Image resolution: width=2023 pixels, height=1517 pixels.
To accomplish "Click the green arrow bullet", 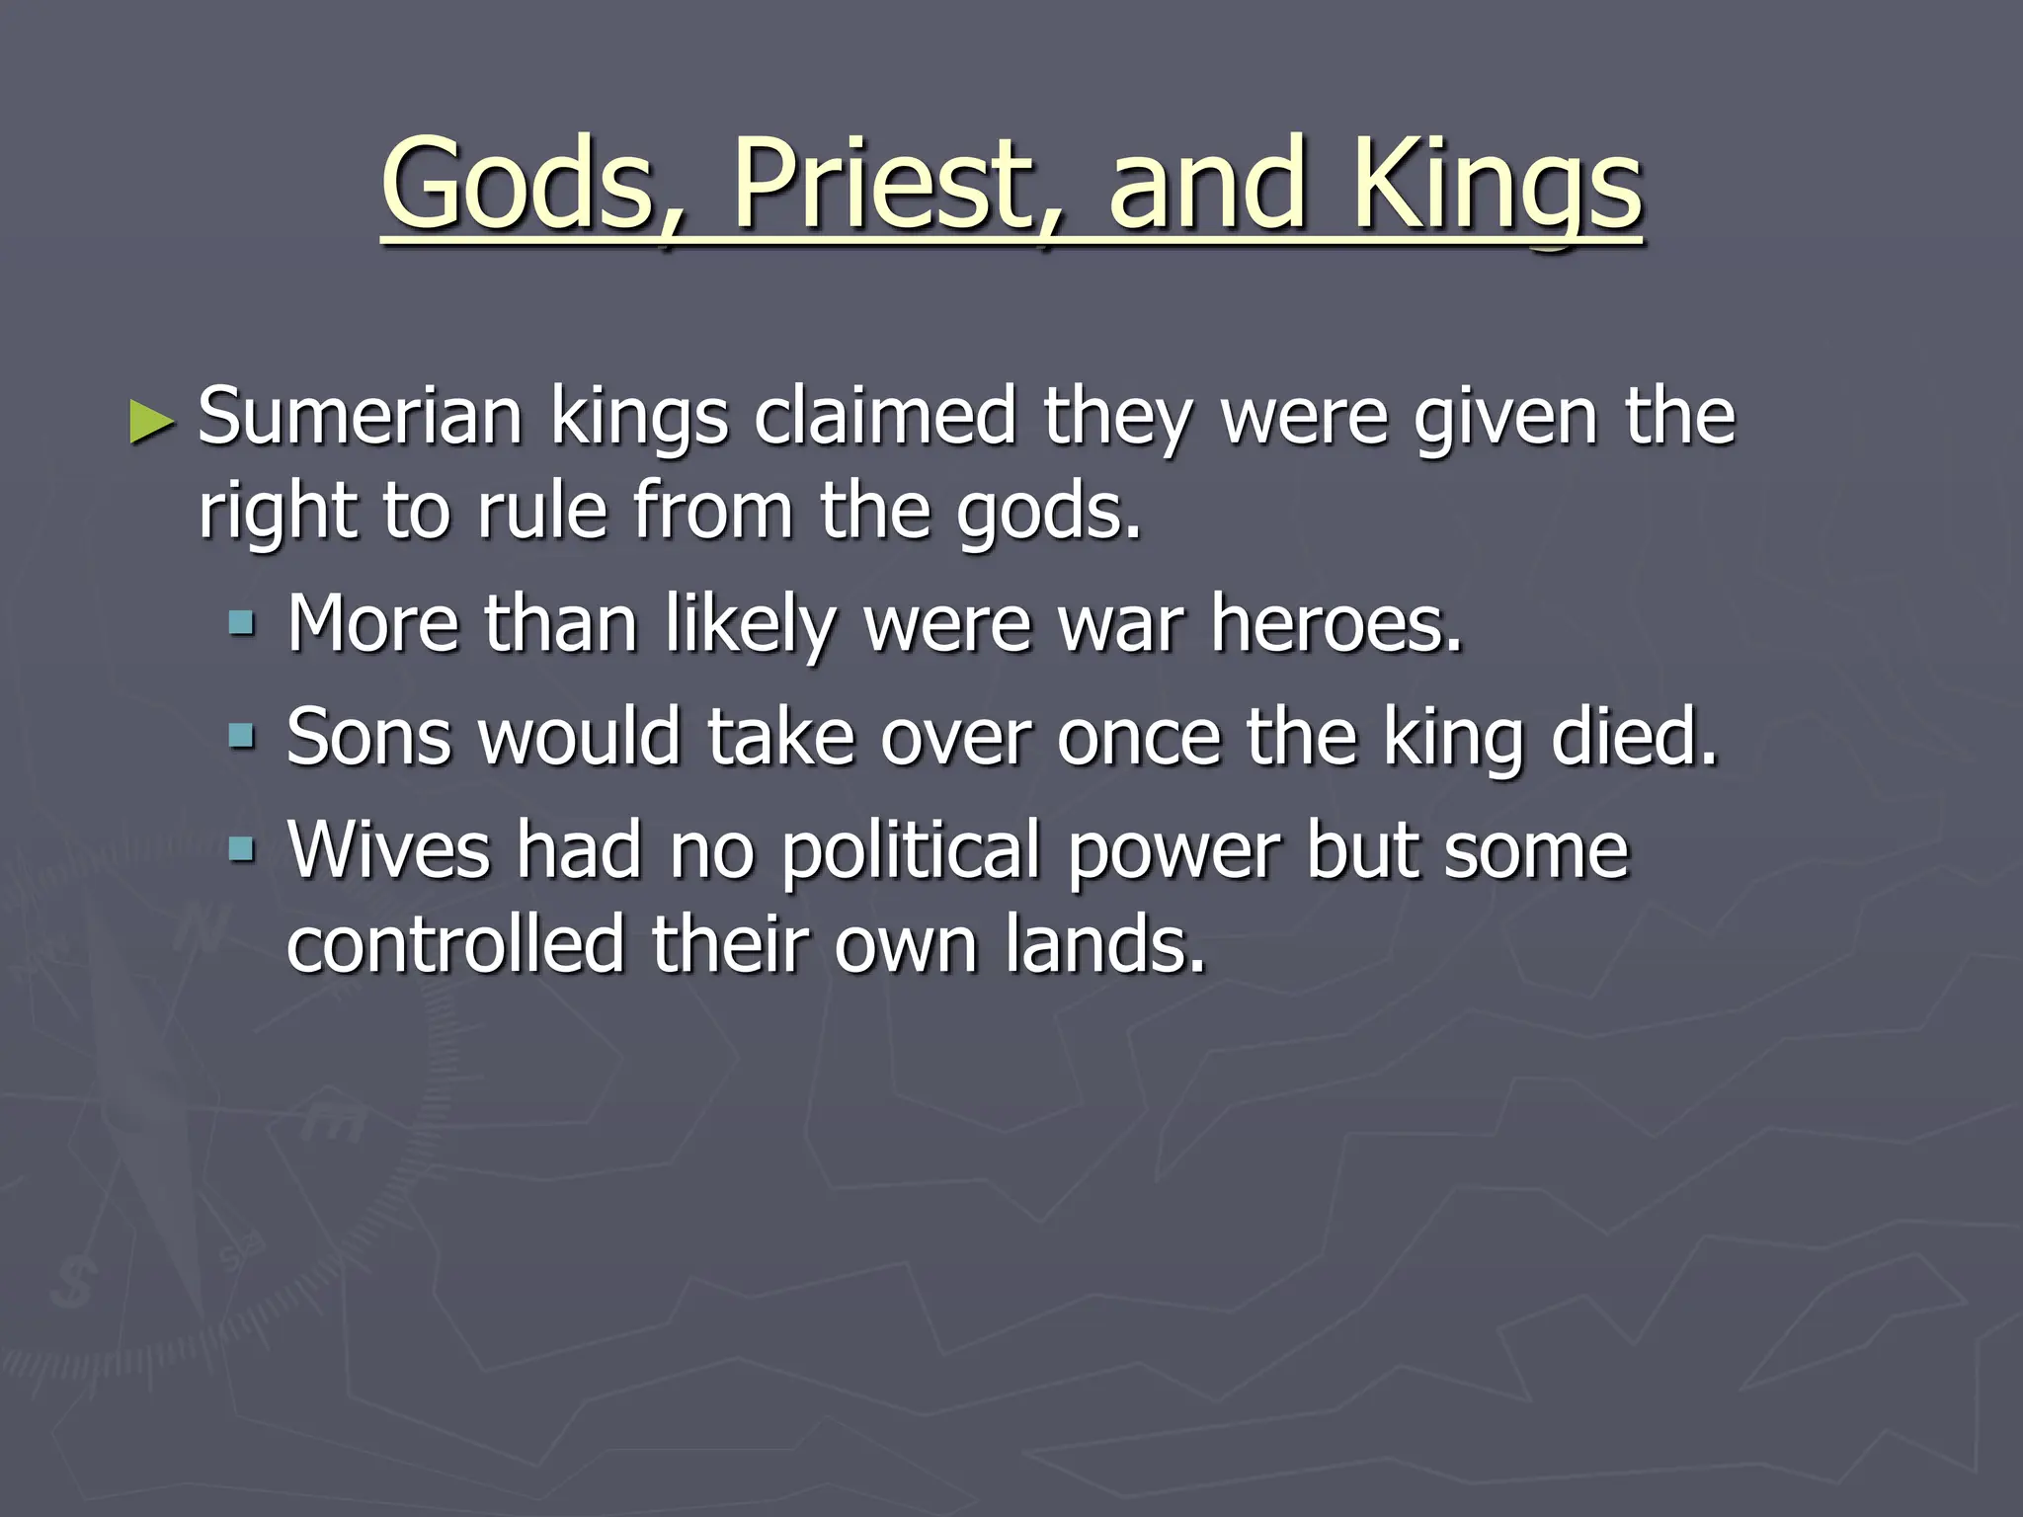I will click(x=152, y=422).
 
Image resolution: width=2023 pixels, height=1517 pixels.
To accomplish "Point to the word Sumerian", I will click(x=361, y=417).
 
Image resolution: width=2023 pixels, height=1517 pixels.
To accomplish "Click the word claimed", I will click(x=885, y=417).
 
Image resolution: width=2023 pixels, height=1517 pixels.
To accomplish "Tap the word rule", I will click(x=541, y=511).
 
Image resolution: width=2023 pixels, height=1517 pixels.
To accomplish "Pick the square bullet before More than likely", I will click(x=241, y=624).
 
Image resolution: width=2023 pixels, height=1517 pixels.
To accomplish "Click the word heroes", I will click(x=1335, y=624).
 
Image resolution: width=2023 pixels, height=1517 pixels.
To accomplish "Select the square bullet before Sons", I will click(x=241, y=737).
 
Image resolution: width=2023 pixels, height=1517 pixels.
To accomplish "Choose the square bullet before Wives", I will click(x=241, y=849).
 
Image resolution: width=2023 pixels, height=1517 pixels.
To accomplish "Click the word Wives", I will click(x=388, y=849).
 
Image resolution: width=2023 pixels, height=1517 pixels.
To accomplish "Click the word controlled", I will click(x=455, y=943).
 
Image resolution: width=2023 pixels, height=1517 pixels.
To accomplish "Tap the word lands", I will click(x=1105, y=943).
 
